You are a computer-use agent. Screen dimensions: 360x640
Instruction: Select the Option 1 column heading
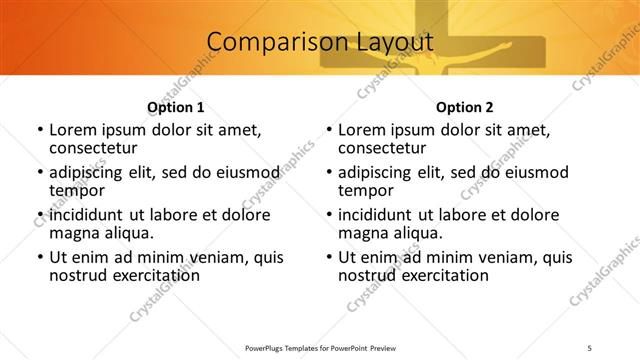click(x=176, y=107)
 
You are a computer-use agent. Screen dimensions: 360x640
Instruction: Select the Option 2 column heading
click(x=465, y=107)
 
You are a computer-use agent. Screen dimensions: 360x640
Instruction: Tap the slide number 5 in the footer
click(x=591, y=349)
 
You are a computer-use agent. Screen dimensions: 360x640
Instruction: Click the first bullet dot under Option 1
click(x=39, y=130)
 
